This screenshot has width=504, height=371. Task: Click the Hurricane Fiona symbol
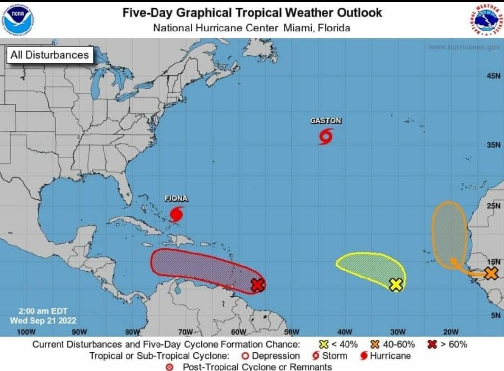pos(177,215)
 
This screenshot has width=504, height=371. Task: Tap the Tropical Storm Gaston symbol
pos(326,136)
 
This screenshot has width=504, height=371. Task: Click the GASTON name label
pos(325,121)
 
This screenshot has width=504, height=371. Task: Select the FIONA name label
pos(176,199)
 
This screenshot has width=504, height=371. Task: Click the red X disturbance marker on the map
pos(258,285)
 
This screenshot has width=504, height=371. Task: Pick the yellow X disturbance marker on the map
pos(396,284)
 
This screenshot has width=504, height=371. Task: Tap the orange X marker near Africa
pos(490,274)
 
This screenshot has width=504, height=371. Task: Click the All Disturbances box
pos(50,55)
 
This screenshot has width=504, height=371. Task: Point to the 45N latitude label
pos(493,76)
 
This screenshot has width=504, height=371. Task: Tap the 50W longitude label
pos(291,331)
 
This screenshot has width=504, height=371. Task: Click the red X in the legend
pos(433,344)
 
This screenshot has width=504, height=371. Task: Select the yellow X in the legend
pos(324,344)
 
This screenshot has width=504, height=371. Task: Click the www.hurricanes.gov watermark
pos(464,47)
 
